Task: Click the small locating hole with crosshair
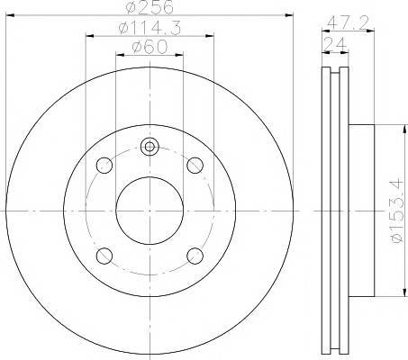pyautogui.click(x=150, y=147)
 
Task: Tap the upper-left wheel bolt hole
pyautogui.click(x=104, y=166)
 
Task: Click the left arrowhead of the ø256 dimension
pyautogui.click(x=11, y=14)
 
